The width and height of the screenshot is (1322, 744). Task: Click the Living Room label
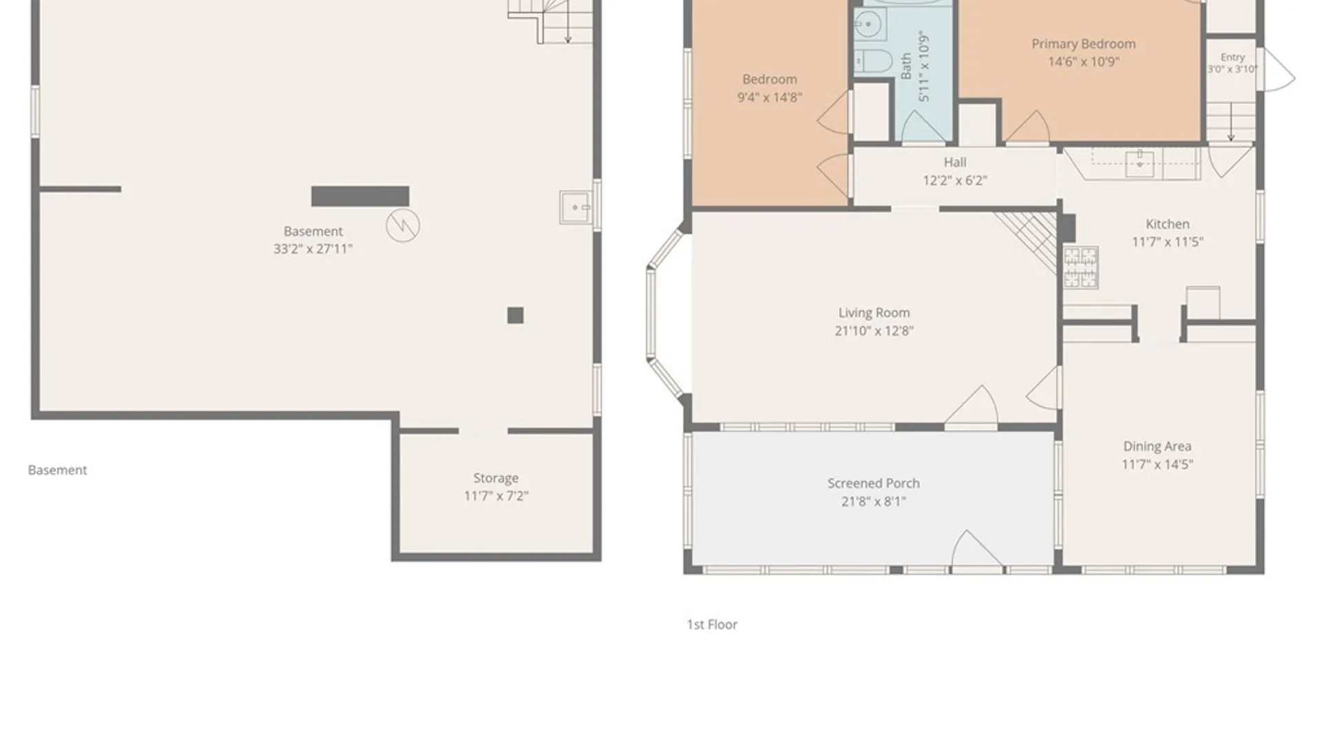pyautogui.click(x=874, y=313)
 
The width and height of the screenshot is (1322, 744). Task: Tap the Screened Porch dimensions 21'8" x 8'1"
pyautogui.click(x=874, y=502)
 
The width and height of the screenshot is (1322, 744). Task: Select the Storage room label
pyautogui.click(x=496, y=478)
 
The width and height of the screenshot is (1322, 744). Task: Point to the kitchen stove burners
pyautogui.click(x=1080, y=267)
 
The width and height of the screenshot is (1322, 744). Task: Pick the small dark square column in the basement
pyautogui.click(x=515, y=316)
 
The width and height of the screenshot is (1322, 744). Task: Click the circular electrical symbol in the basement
pyautogui.click(x=403, y=225)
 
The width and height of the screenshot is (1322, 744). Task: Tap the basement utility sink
pyautogui.click(x=576, y=207)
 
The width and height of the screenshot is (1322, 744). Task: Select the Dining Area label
pyautogui.click(x=1157, y=446)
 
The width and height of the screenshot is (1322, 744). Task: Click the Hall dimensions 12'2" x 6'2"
pyautogui.click(x=954, y=180)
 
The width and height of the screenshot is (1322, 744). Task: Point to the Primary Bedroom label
pyautogui.click(x=1083, y=44)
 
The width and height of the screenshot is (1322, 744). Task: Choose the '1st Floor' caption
pyautogui.click(x=712, y=624)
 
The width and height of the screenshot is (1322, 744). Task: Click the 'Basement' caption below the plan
pyautogui.click(x=57, y=470)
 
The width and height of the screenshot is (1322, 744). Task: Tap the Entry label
pyautogui.click(x=1232, y=57)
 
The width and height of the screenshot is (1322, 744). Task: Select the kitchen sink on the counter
pyautogui.click(x=1140, y=163)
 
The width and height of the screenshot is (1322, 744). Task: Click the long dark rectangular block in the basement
pyautogui.click(x=360, y=196)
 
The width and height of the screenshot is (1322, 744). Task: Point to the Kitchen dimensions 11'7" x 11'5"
pyautogui.click(x=1168, y=242)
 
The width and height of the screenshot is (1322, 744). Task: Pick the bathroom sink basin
pyautogui.click(x=869, y=26)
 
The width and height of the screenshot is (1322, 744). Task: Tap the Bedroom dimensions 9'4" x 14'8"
pyautogui.click(x=770, y=97)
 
